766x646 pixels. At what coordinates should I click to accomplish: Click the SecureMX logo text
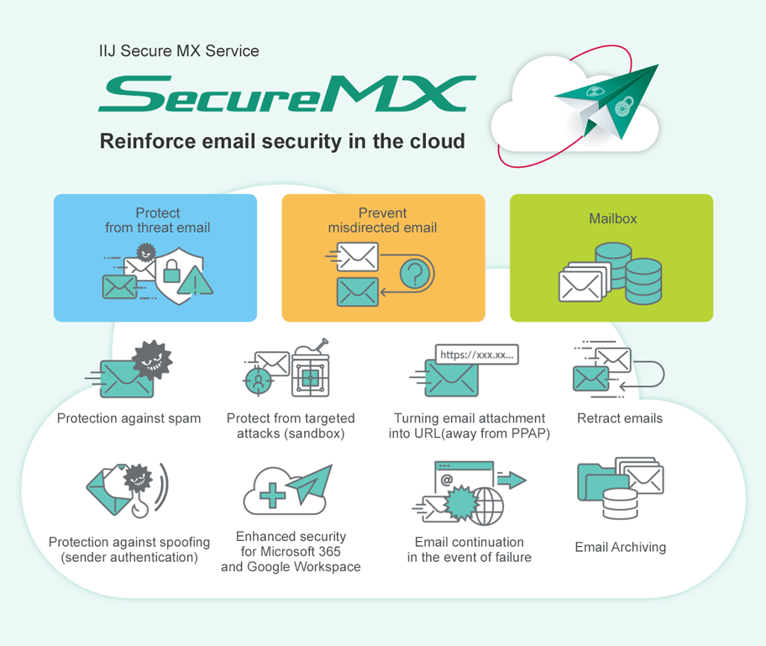[x=286, y=94]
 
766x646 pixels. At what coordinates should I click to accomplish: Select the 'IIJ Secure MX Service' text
[x=179, y=51]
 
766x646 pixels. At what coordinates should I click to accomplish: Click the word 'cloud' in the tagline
[x=438, y=140]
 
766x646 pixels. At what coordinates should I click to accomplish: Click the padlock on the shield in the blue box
[x=172, y=271]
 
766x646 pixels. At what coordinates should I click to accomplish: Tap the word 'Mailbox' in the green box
[x=612, y=218]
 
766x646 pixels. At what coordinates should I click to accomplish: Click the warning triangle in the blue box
[x=197, y=281]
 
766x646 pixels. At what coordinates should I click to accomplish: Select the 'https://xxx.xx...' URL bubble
[x=477, y=355]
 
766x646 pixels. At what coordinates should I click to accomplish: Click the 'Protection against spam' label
[x=129, y=418]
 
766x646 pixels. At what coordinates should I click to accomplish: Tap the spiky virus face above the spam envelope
[x=151, y=360]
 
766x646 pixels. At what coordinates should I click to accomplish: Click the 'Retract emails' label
[x=619, y=418]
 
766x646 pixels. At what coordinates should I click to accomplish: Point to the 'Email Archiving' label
[x=620, y=548]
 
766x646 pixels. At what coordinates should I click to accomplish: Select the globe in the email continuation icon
[x=488, y=507]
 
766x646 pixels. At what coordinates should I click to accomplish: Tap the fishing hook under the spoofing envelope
[x=140, y=507]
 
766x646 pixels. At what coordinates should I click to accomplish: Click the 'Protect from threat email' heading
[x=157, y=220]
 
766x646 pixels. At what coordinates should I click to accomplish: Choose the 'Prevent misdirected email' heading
[x=382, y=220]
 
